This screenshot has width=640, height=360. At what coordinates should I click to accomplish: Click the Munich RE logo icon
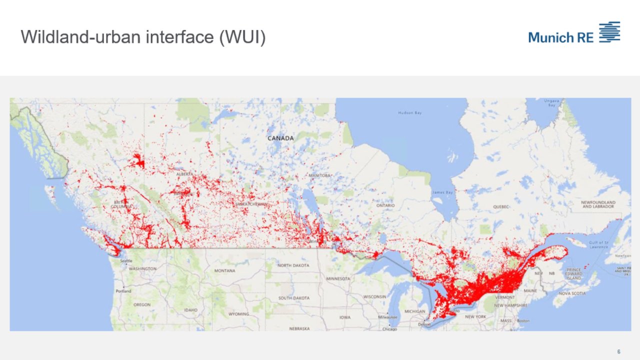click(x=609, y=32)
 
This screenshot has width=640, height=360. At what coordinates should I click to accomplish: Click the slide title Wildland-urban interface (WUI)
click(x=143, y=37)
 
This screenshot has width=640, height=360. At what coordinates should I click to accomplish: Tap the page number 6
click(x=618, y=351)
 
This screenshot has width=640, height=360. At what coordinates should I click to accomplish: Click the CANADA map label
click(x=280, y=138)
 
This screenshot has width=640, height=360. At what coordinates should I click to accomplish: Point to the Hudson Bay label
click(x=410, y=113)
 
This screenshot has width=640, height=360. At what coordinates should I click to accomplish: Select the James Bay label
click(x=442, y=192)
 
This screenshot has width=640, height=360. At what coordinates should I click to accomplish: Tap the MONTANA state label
click(x=224, y=270)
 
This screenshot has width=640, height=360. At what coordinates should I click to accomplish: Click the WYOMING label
click(x=238, y=314)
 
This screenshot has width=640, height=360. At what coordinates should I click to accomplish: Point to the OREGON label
click(x=141, y=304)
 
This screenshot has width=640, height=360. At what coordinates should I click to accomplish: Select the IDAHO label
click(x=190, y=310)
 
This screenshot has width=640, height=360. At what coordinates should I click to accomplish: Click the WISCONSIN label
click(x=375, y=296)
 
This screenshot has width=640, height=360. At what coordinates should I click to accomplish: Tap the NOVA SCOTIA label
click(x=572, y=293)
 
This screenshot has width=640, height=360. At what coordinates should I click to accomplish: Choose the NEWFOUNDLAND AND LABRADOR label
click(x=598, y=204)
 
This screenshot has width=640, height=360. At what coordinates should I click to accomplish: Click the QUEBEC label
click(x=500, y=206)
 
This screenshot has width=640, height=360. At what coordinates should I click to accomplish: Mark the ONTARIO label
click(x=385, y=205)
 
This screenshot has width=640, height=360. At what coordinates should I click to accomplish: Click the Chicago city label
click(x=390, y=329)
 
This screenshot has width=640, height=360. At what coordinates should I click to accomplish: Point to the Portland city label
click(x=123, y=291)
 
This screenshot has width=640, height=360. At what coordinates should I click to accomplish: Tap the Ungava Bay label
click(x=552, y=103)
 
